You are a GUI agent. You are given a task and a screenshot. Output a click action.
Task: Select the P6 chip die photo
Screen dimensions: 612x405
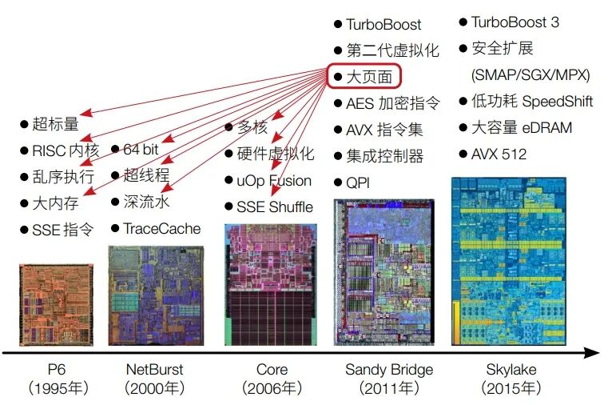tap(56, 304)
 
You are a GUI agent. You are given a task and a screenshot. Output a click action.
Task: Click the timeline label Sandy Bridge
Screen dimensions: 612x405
tap(389, 370)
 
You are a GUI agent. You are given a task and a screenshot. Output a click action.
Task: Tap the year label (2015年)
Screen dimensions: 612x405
tap(511, 389)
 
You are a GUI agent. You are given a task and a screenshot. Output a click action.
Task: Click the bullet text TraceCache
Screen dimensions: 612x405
tap(161, 229)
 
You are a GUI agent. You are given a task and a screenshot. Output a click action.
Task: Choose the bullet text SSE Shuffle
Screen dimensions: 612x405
tap(274, 207)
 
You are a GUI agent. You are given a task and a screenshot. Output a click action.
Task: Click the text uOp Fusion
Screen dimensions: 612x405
tap(273, 181)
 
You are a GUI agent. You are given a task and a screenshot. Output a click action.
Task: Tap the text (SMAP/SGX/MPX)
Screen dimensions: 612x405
tap(531, 75)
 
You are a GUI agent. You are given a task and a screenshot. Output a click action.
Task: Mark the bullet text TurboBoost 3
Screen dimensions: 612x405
tap(515, 22)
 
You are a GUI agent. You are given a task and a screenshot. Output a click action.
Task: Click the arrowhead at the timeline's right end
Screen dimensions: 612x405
tap(592, 352)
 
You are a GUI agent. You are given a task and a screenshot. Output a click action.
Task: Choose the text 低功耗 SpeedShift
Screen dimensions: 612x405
tap(531, 102)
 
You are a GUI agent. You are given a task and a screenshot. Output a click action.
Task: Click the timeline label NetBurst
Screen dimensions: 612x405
tap(154, 370)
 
